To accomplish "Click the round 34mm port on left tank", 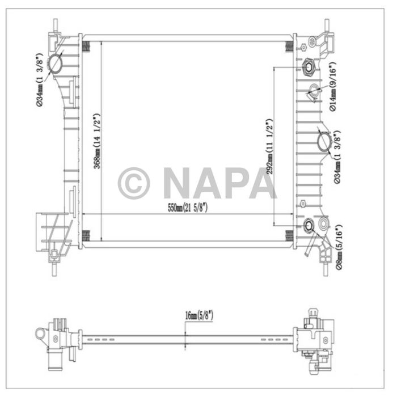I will (57, 64).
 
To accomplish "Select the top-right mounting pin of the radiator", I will (327, 25).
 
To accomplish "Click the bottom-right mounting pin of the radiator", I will (326, 267).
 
